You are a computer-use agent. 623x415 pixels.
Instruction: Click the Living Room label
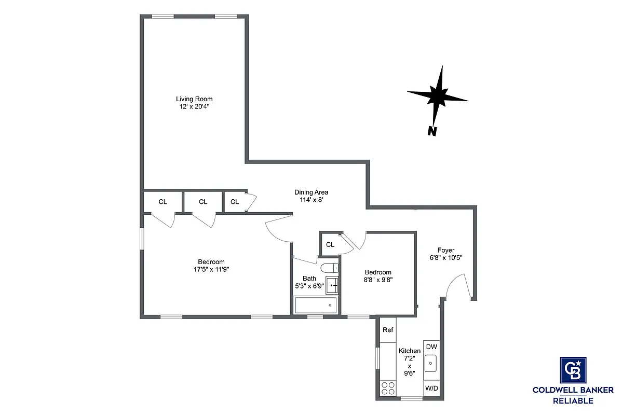[194, 99]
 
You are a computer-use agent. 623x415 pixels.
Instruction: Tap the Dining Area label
[311, 192]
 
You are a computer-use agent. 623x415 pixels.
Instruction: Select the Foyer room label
[446, 250]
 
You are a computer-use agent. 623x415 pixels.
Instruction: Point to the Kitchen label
[409, 351]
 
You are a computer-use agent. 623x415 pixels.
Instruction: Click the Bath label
[309, 279]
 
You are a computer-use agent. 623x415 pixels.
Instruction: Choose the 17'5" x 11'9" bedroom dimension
[211, 269]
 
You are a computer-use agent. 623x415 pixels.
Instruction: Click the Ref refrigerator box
[388, 330]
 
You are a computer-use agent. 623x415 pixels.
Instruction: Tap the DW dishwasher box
[431, 347]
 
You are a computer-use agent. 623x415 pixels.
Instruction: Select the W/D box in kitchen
[431, 388]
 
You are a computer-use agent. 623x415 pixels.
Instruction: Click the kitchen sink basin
[431, 363]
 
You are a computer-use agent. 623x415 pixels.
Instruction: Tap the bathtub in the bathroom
[316, 305]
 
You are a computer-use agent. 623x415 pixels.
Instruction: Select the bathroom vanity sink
[332, 285]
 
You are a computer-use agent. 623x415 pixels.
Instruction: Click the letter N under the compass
[431, 131]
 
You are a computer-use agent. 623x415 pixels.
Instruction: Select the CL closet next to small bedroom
[330, 244]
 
